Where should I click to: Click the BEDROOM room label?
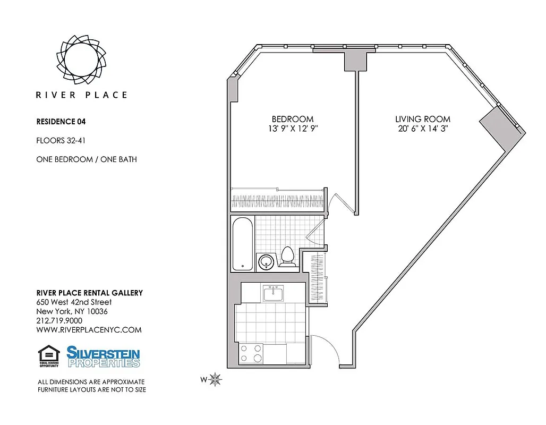point(292,119)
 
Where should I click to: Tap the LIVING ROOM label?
point(422,119)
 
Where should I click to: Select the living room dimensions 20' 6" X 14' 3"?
point(422,129)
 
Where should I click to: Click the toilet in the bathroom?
point(288,256)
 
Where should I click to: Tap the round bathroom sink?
point(266,261)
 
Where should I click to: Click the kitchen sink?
point(273,293)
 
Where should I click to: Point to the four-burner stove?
point(251,353)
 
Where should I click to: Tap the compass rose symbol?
point(216,379)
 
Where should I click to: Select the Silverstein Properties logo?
point(103,356)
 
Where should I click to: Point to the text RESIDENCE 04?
point(61,121)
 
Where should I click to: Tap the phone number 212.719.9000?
point(59,321)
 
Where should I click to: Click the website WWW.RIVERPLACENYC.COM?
point(89,330)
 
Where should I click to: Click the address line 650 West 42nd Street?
point(73,302)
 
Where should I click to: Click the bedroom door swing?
point(338,205)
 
